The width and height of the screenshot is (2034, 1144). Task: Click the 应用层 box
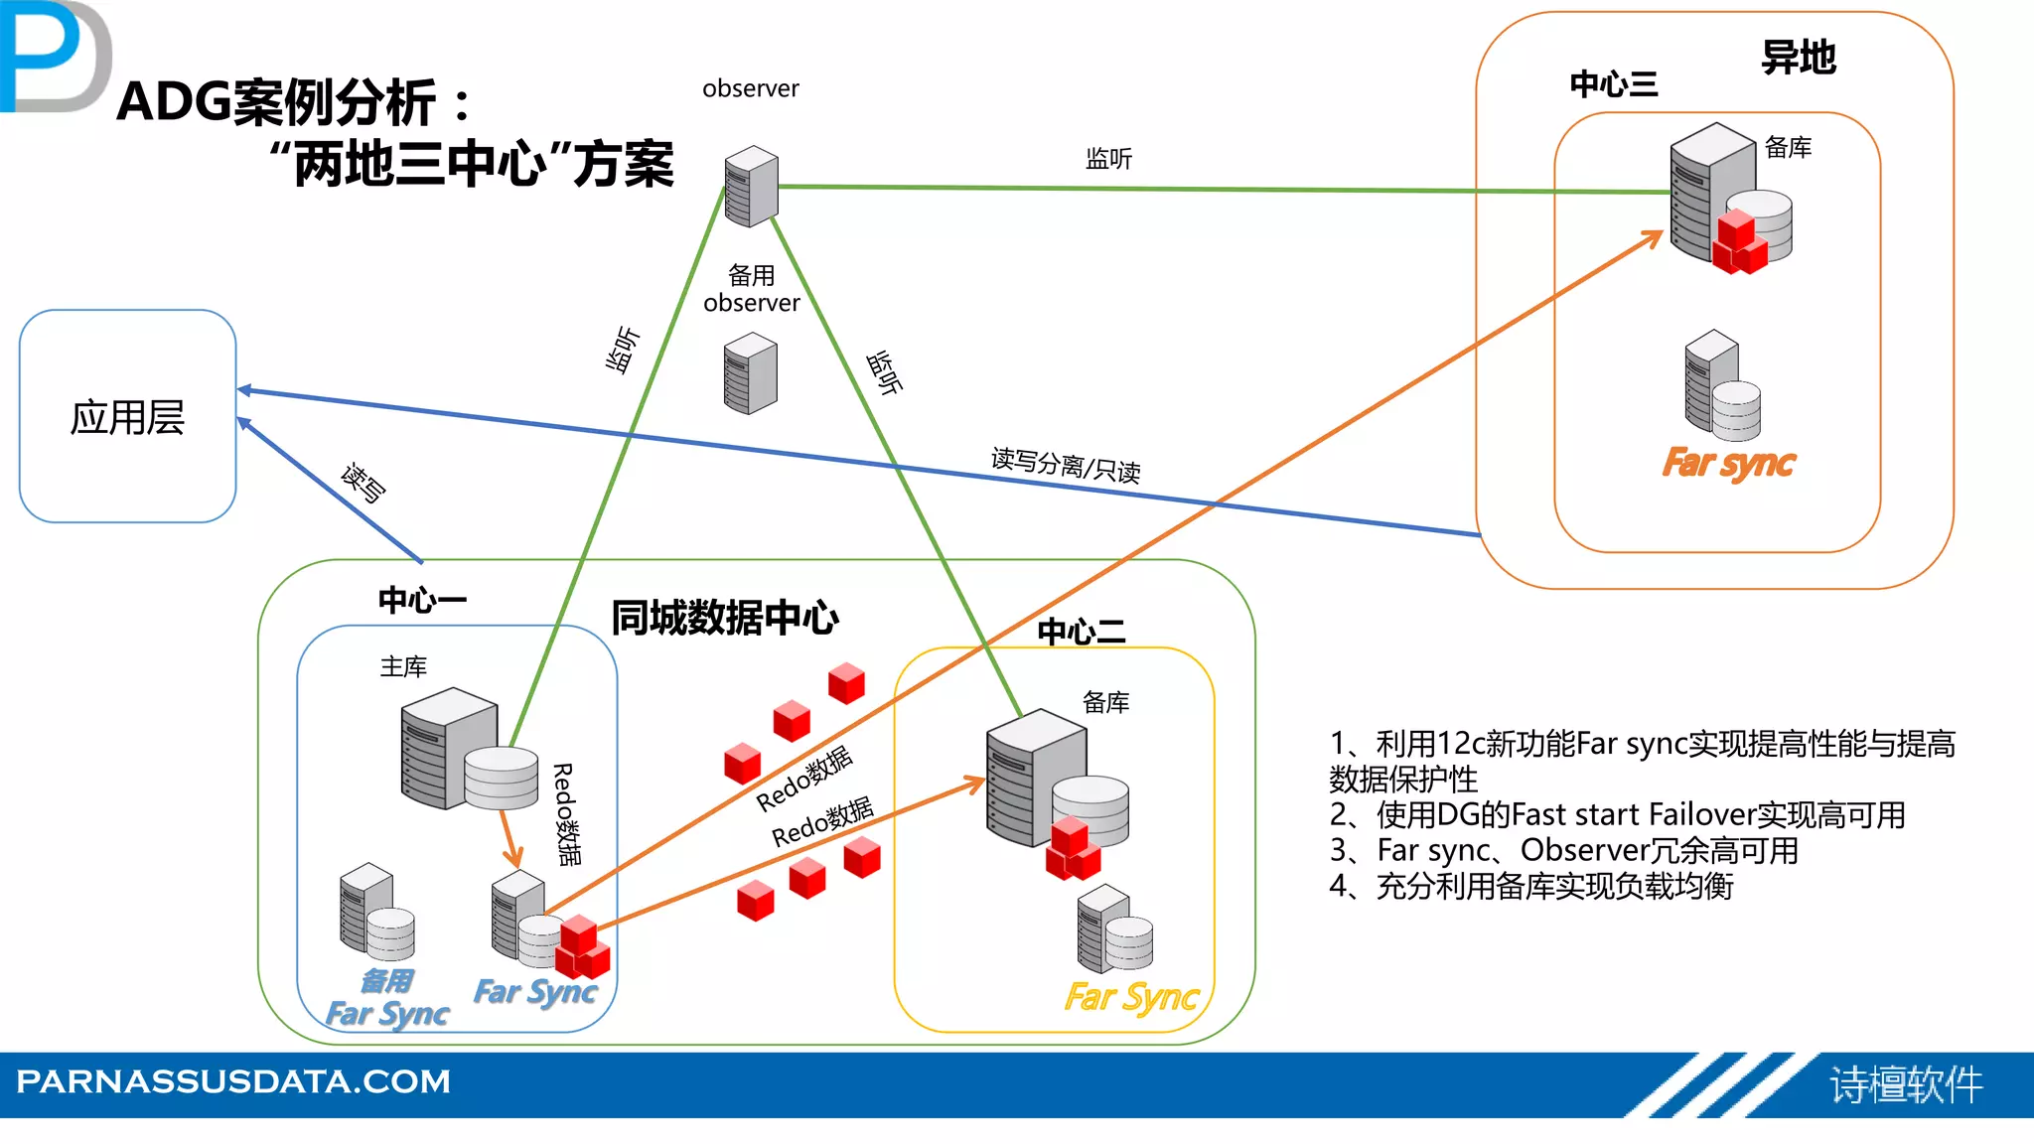pyautogui.click(x=127, y=417)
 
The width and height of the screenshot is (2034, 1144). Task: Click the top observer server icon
pyautogui.click(x=751, y=186)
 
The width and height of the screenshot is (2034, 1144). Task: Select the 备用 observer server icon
pyautogui.click(x=751, y=372)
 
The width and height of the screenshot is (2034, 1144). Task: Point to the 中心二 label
pyautogui.click(x=1081, y=632)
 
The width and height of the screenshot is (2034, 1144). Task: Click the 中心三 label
pyautogui.click(x=1613, y=84)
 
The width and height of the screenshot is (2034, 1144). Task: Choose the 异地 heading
pyautogui.click(x=1798, y=58)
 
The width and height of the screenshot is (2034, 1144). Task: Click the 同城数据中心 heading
pyautogui.click(x=725, y=618)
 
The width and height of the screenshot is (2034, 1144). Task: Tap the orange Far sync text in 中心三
pyautogui.click(x=1728, y=464)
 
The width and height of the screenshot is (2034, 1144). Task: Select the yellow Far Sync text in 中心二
pyautogui.click(x=1132, y=996)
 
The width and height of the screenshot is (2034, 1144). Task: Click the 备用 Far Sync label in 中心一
pyautogui.click(x=387, y=998)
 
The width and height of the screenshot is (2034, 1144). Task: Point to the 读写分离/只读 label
pyautogui.click(x=1066, y=464)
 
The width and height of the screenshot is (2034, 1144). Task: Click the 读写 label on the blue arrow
pyautogui.click(x=363, y=483)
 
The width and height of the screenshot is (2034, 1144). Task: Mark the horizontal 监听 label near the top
pyautogui.click(x=1108, y=159)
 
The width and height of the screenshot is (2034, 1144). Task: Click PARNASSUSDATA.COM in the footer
pyautogui.click(x=233, y=1081)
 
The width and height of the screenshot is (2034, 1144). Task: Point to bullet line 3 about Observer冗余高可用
pyautogui.click(x=1563, y=851)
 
